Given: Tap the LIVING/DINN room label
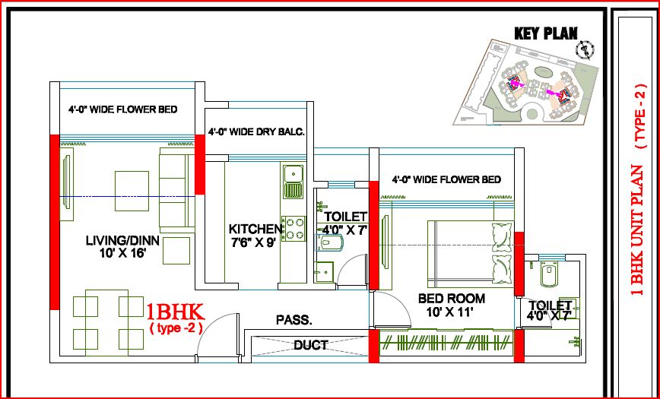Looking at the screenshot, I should click(122, 241).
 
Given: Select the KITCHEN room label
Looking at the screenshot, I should click(256, 228).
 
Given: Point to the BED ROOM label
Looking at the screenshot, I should click(452, 299).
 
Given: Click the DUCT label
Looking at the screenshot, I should click(311, 345).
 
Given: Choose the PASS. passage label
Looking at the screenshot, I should click(294, 320).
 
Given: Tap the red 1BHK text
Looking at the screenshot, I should click(175, 312).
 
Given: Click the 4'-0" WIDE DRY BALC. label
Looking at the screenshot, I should click(257, 131).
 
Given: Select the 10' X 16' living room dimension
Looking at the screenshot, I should click(122, 254).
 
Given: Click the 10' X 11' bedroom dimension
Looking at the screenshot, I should click(452, 312).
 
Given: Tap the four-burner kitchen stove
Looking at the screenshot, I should click(294, 228).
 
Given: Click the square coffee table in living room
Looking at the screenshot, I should click(131, 186).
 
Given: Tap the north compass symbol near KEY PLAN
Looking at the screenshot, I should click(585, 50).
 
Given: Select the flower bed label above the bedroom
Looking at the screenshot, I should click(446, 180).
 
